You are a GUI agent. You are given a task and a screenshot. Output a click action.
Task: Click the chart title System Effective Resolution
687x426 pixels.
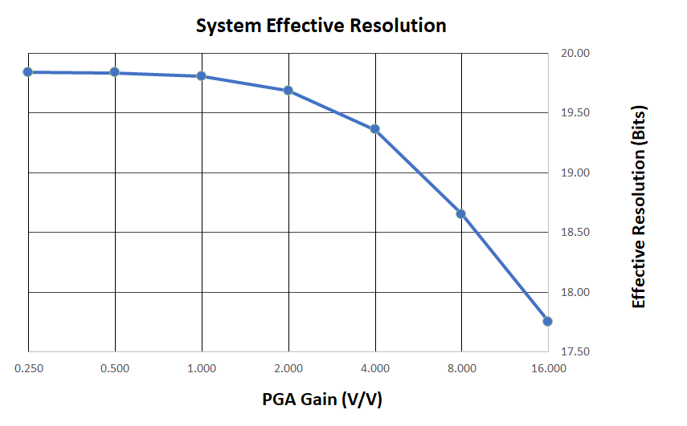(321, 26)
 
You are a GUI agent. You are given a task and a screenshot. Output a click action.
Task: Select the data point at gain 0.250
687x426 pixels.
(28, 72)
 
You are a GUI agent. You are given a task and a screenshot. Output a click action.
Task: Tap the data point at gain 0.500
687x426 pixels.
(114, 72)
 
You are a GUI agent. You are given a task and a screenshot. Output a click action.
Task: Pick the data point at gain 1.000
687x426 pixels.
(201, 76)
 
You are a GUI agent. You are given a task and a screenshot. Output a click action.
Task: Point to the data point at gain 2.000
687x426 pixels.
(288, 90)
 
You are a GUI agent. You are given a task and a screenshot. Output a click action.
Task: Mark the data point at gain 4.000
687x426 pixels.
(374, 129)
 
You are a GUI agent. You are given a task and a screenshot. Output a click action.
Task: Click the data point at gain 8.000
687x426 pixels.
(461, 214)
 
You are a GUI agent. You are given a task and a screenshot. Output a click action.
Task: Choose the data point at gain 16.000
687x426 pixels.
(547, 321)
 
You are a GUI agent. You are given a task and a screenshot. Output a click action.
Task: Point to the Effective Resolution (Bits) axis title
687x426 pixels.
(640, 205)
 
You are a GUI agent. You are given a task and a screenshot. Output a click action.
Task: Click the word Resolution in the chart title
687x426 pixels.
(399, 26)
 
